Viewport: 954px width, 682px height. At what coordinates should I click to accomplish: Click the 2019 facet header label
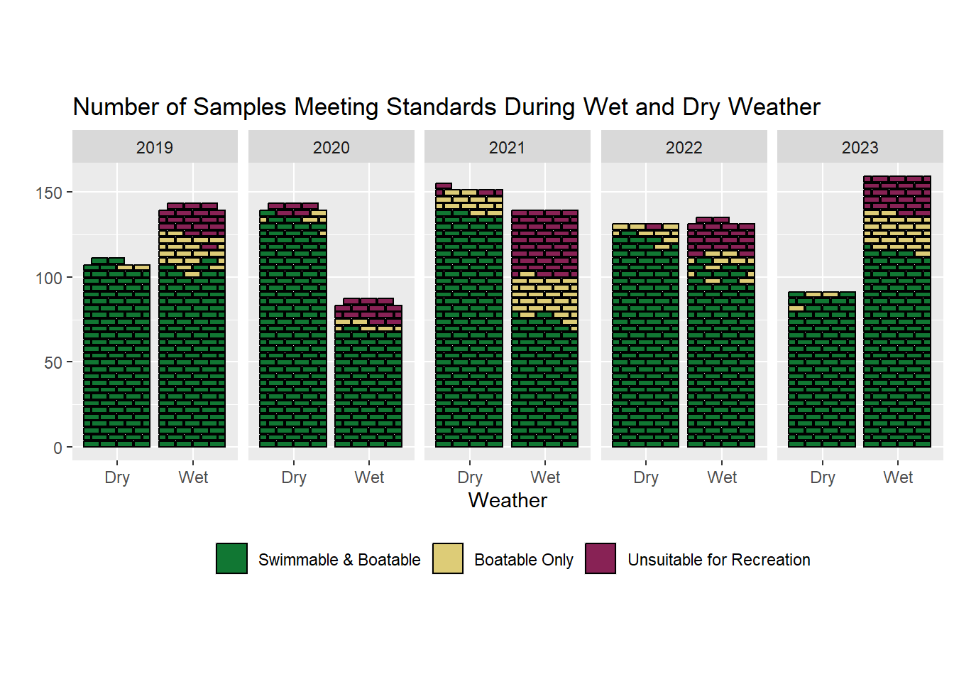pyautogui.click(x=155, y=148)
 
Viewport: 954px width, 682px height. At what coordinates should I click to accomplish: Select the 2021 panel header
pyautogui.click(x=507, y=148)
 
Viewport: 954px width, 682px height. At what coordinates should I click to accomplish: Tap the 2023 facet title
pyautogui.click(x=860, y=148)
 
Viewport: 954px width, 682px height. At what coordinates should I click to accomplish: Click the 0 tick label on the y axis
pyautogui.click(x=57, y=448)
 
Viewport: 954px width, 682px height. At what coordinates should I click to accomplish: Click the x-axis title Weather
pyautogui.click(x=508, y=500)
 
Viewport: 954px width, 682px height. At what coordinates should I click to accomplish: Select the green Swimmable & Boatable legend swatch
pyautogui.click(x=231, y=558)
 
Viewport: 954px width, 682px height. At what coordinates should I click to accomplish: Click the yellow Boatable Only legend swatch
pyautogui.click(x=448, y=558)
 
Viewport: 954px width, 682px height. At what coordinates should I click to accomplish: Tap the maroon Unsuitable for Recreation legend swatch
pyautogui.click(x=601, y=558)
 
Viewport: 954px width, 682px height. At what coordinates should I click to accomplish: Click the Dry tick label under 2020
pyautogui.click(x=294, y=477)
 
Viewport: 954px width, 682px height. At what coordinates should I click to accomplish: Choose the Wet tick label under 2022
pyautogui.click(x=722, y=477)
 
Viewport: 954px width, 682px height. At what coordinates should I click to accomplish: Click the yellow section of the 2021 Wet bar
pyautogui.click(x=544, y=298)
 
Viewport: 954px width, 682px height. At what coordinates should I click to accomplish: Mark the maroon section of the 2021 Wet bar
pyautogui.click(x=544, y=242)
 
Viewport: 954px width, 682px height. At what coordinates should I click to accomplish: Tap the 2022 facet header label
pyautogui.click(x=684, y=148)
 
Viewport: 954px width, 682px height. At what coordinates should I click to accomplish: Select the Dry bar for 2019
pyautogui.click(x=117, y=355)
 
